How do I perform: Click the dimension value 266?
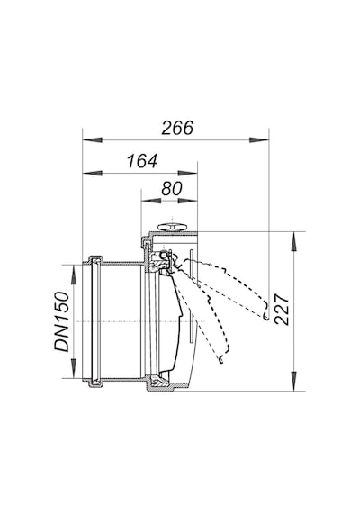(x=177, y=128)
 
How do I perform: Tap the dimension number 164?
(x=142, y=161)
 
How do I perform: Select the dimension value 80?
(x=172, y=189)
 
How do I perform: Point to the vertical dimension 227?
(x=282, y=310)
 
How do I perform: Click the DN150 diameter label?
(x=62, y=321)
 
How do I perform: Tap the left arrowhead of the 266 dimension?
(x=93, y=140)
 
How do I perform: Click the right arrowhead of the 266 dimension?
(x=259, y=140)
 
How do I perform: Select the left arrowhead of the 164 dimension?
(x=93, y=173)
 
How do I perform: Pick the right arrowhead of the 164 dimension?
(x=187, y=173)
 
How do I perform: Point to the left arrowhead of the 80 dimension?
(x=150, y=201)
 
